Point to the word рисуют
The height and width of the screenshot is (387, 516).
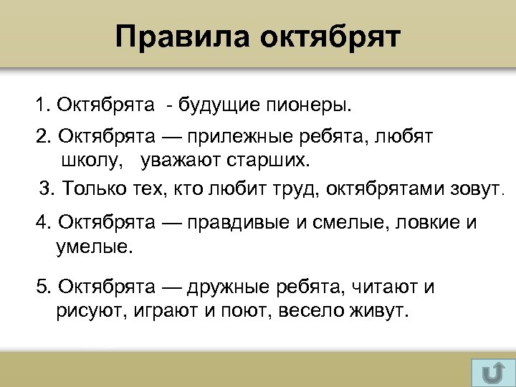(89, 312)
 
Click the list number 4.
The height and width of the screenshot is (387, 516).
(41, 222)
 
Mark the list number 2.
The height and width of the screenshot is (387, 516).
(41, 136)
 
